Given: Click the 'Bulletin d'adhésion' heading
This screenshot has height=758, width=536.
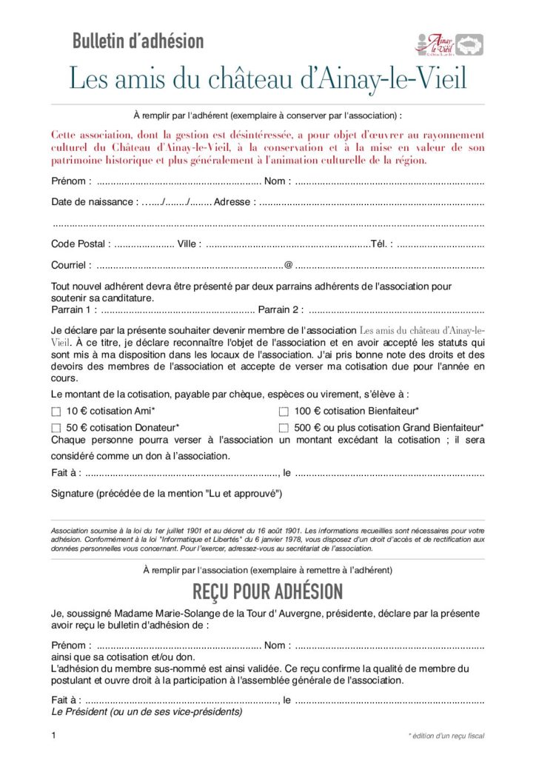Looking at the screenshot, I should [138, 41].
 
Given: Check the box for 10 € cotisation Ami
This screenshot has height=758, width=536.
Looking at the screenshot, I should [56, 411].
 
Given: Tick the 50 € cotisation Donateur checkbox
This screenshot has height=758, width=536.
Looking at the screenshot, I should [56, 428].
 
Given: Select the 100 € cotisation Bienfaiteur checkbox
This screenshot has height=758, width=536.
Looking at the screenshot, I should [284, 411].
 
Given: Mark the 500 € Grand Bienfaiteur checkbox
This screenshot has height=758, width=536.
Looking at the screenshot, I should [284, 428].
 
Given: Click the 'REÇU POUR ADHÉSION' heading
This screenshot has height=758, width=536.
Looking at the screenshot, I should [267, 591].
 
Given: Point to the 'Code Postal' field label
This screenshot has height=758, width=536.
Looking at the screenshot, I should [81, 244].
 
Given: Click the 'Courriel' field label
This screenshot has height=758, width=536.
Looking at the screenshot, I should [72, 264].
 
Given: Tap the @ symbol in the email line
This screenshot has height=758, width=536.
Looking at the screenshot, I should [288, 264].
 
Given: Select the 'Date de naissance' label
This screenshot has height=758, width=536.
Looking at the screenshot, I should [94, 201].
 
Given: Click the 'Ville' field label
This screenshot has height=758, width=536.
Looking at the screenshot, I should [190, 244].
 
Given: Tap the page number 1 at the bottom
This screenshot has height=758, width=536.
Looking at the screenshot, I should [54, 735].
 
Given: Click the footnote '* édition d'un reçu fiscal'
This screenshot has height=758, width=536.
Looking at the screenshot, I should [446, 736].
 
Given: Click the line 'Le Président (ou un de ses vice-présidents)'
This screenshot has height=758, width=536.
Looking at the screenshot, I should [147, 711].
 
